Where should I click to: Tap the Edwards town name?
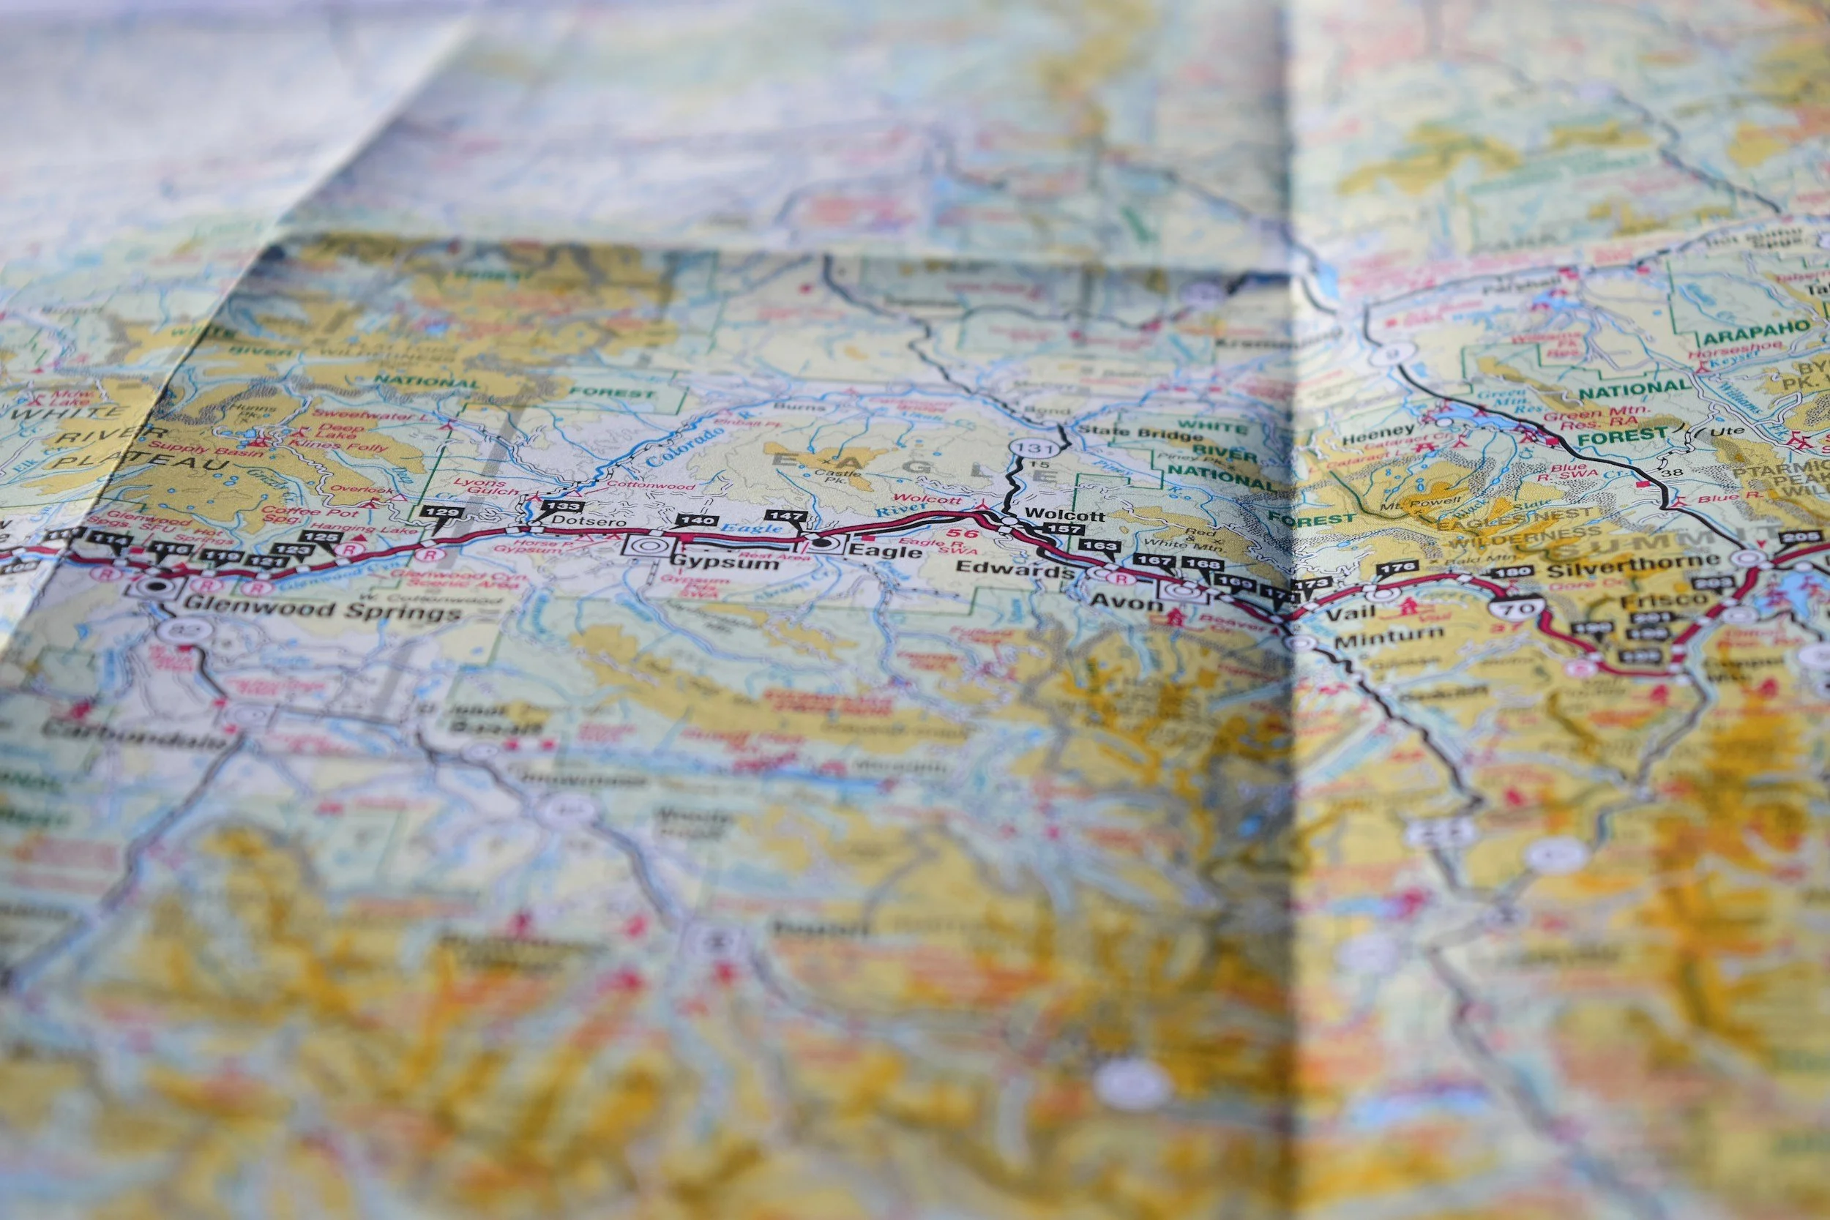click(x=1013, y=569)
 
